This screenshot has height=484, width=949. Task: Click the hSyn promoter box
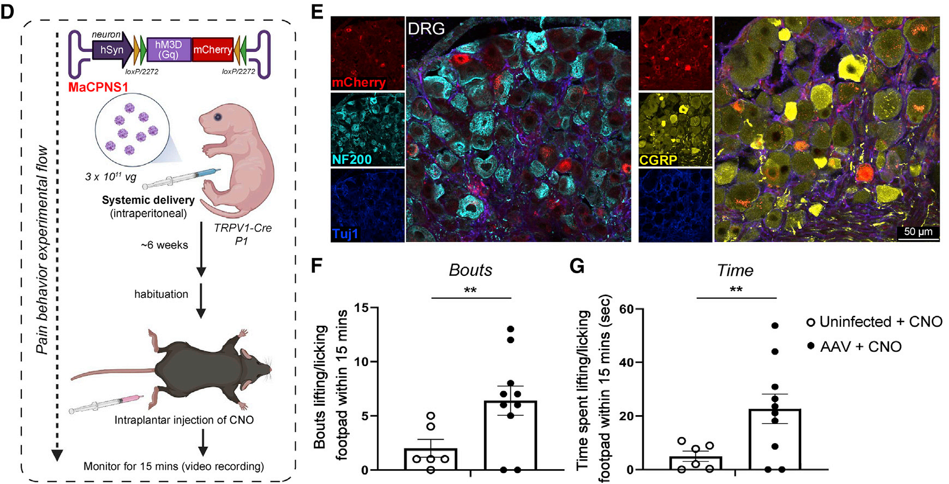[x=111, y=50]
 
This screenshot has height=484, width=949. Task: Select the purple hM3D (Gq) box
[x=169, y=49]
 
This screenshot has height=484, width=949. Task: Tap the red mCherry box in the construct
[x=212, y=50]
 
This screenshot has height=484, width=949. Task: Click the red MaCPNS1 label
[x=98, y=87]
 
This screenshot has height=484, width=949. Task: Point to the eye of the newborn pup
[x=218, y=116]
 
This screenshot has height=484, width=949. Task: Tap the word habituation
[x=161, y=294]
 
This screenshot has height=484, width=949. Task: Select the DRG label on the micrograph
[x=426, y=28]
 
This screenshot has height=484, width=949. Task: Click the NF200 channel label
[x=352, y=160]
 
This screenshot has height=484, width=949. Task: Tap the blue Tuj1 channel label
[x=345, y=234]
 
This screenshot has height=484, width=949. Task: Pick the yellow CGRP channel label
[x=658, y=160]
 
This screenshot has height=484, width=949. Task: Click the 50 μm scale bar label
[x=918, y=231]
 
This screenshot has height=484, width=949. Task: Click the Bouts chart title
[x=470, y=270]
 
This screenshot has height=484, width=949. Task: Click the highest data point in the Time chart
[x=774, y=326]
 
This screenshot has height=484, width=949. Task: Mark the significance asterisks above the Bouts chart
[x=470, y=290]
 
